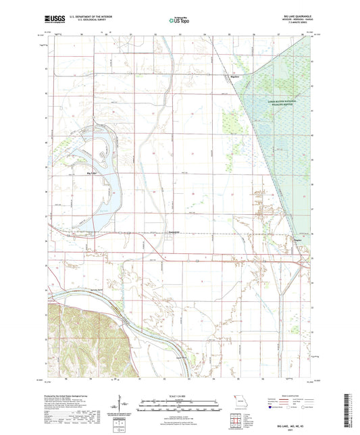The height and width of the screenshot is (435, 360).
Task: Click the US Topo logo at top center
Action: click(179, 21)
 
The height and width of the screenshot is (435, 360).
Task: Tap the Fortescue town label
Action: click(174, 232)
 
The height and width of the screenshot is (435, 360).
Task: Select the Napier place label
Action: click(297, 238)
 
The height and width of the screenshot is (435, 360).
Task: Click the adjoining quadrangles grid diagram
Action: click(235, 414)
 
